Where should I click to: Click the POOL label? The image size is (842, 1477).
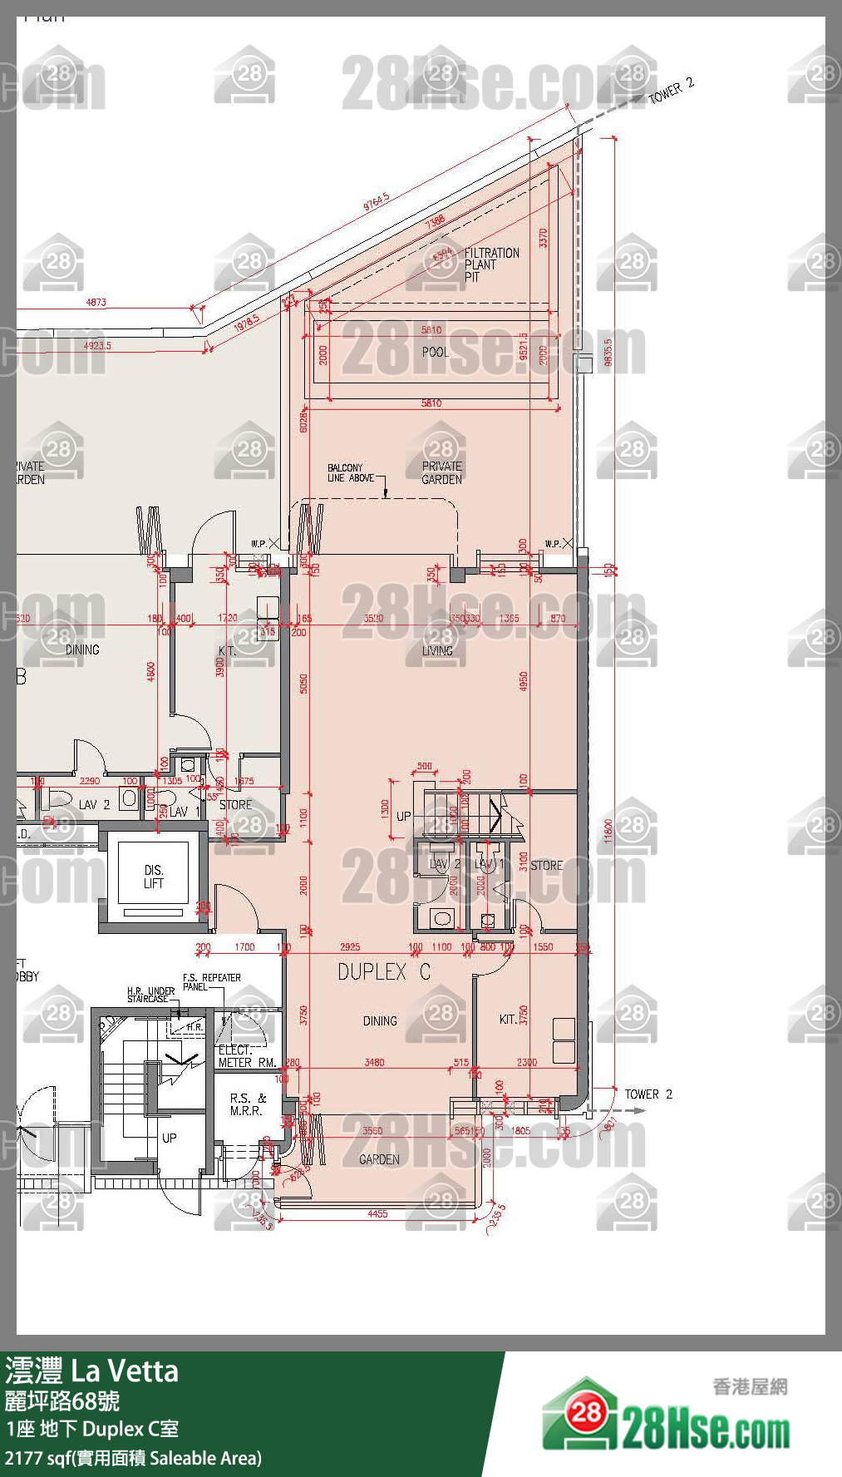click(435, 352)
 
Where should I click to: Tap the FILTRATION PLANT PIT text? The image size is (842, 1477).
click(490, 264)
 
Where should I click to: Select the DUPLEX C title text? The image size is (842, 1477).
click(384, 971)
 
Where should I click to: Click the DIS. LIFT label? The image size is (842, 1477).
click(154, 877)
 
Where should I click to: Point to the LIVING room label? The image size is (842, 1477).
click(437, 650)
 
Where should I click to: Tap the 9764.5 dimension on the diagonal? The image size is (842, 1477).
click(376, 201)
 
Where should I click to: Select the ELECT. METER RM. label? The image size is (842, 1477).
click(246, 1056)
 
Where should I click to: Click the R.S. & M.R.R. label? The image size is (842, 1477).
click(247, 1104)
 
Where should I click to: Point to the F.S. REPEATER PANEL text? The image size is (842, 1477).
click(211, 982)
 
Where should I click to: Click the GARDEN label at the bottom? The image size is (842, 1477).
click(379, 1159)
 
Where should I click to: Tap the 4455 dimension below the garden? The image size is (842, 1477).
click(377, 1214)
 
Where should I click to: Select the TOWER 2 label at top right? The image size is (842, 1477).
click(670, 90)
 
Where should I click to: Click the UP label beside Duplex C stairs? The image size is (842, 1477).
click(403, 816)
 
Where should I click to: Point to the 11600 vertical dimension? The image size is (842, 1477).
click(608, 830)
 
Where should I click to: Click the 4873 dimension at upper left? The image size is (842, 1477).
click(96, 303)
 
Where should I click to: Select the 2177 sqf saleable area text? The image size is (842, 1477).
click(133, 1458)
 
